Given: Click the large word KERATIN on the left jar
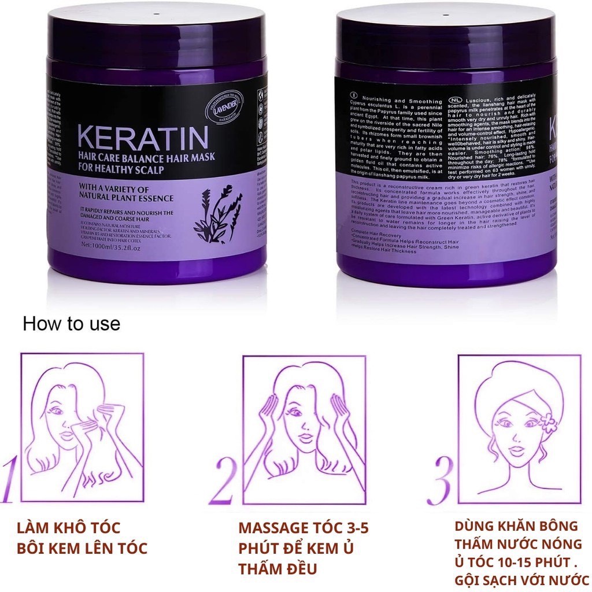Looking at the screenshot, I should tap(142, 137).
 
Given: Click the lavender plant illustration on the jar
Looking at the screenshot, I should tap(217, 214).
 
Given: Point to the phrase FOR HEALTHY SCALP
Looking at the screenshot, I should tap(119, 170).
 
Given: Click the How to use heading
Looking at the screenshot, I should tap(71, 324).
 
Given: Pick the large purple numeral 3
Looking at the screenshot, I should tap(441, 480).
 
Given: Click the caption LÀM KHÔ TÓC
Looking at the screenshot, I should tap(69, 528).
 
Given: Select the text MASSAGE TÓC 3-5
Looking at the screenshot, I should tap(303, 528).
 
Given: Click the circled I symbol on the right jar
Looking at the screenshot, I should tap(353, 95).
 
